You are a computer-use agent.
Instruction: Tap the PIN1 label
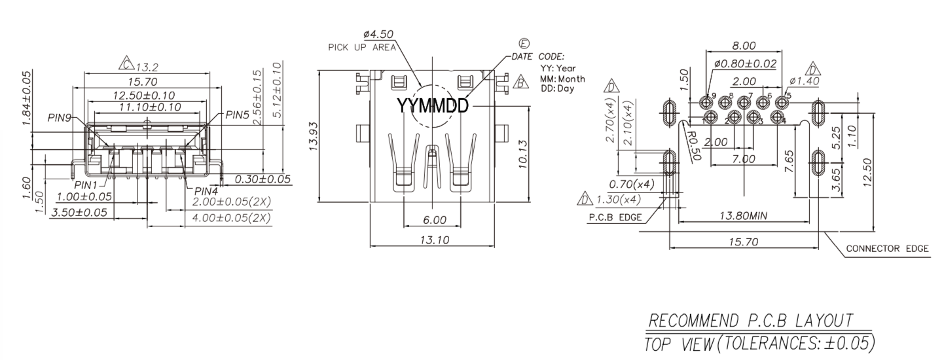click(86, 185)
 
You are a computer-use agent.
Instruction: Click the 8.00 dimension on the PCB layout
click(744, 45)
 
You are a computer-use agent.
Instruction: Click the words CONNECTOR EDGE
click(887, 249)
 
